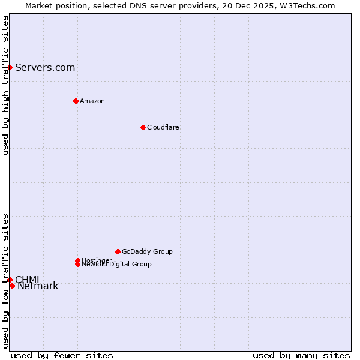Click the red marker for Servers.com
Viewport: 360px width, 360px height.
[x=10, y=67]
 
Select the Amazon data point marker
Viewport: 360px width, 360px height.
[x=76, y=101]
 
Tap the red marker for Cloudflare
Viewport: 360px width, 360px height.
[x=143, y=127]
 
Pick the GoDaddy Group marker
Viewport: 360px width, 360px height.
[x=118, y=251]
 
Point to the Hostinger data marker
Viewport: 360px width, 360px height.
[x=77, y=260]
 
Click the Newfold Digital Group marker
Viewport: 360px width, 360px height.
[x=78, y=264]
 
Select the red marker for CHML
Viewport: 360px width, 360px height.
[x=10, y=280]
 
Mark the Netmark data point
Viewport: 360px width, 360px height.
[x=12, y=286]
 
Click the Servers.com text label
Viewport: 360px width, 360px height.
[x=45, y=67]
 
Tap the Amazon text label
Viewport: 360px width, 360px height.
[x=92, y=101]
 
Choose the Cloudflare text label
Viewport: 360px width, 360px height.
[x=163, y=127]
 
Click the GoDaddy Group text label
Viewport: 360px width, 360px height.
[x=147, y=251]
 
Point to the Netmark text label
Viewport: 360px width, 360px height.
[x=38, y=286]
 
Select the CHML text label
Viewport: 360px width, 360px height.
[x=28, y=280]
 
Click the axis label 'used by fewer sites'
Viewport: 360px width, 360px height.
[x=62, y=355]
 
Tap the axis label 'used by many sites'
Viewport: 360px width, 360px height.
[x=301, y=355]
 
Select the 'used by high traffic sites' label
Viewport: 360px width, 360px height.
[x=5, y=85]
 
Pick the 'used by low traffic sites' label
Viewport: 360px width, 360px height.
[x=5, y=281]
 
